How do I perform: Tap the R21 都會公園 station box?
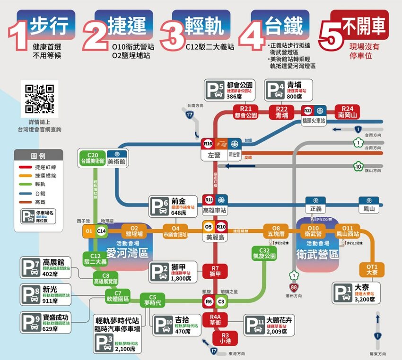(245, 111)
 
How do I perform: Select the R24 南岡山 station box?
(348, 111)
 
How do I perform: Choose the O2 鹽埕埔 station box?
(134, 231)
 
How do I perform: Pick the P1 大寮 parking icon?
(341, 293)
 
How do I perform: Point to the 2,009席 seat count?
(276, 332)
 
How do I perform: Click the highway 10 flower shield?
(359, 166)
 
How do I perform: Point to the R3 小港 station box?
(221, 338)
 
